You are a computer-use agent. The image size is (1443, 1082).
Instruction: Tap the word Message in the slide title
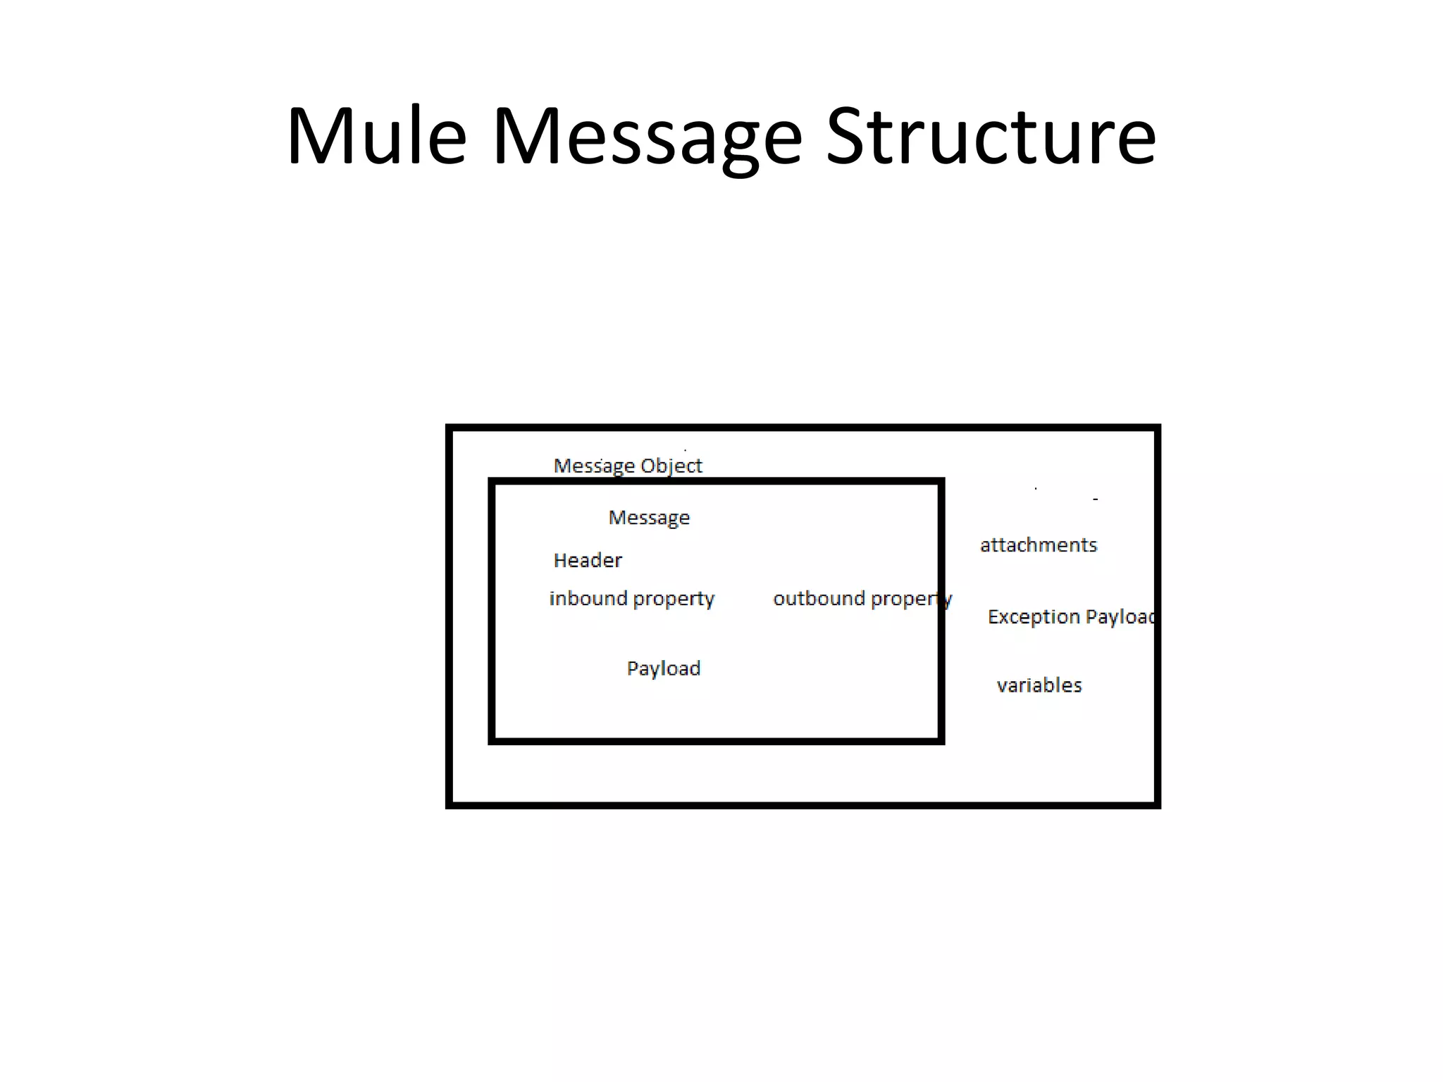pos(647,137)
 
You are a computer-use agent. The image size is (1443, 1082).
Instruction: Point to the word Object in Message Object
pos(671,466)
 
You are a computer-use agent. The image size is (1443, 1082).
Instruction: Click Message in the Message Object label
pos(593,466)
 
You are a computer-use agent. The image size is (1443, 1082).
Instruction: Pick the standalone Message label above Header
pos(649,518)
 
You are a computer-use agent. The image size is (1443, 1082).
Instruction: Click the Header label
pos(588,561)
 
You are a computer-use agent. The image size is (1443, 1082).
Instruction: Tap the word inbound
pos(588,599)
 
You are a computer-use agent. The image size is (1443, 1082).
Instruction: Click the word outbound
pos(819,599)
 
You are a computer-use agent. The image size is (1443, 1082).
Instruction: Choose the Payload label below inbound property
pos(664,669)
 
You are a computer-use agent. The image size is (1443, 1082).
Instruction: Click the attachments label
pos(1039,545)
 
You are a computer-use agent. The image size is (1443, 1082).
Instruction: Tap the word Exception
pos(1033,618)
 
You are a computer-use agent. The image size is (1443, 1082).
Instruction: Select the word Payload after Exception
pos(1120,618)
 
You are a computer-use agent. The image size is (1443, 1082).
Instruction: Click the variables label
pos(1039,685)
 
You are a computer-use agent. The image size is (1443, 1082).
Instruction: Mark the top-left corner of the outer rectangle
pos(450,428)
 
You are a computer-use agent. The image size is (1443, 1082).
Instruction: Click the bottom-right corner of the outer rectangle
pos(1157,804)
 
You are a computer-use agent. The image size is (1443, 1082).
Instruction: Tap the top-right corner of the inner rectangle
pos(941,483)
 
